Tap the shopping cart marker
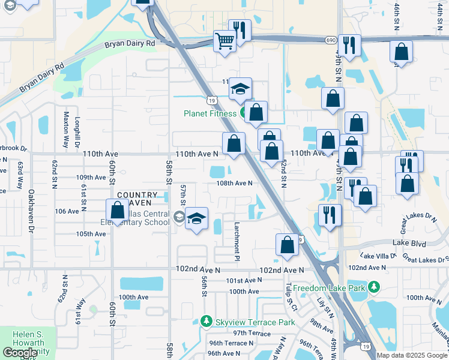(x=224, y=42)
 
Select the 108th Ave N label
(x=234, y=183)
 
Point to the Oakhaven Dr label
(x=31, y=210)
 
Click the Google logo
(x=20, y=353)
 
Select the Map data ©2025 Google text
(x=412, y=355)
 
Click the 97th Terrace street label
(x=252, y=333)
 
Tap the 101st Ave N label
(x=244, y=280)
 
